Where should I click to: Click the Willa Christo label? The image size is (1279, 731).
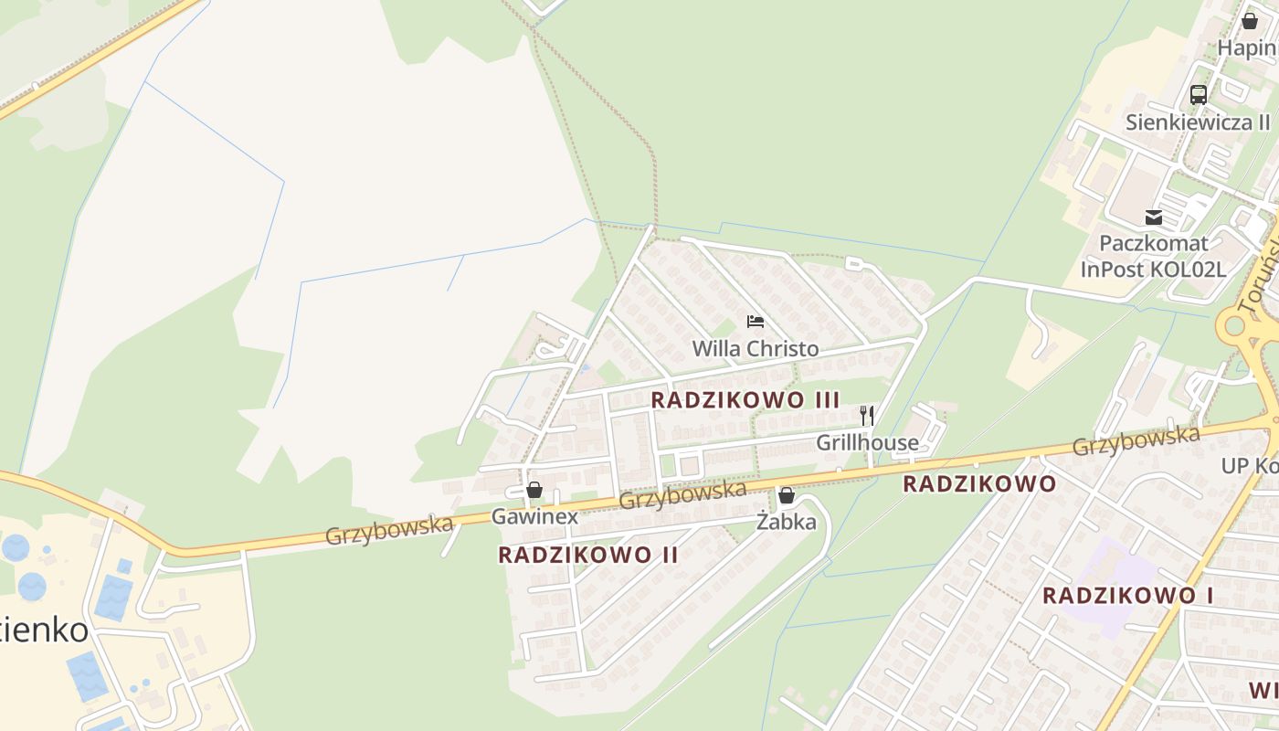pos(755,349)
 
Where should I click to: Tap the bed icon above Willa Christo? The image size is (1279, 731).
pos(756,322)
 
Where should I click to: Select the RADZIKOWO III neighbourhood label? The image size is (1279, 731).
pos(745,399)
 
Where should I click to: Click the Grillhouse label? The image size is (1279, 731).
pos(867,443)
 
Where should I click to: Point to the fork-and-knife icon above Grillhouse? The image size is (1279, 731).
pos(867,416)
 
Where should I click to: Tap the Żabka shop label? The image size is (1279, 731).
pos(786,523)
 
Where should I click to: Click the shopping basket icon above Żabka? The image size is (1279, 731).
pos(786,495)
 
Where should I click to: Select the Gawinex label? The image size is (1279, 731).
pos(534,516)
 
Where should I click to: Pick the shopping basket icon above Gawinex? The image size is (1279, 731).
pos(534,490)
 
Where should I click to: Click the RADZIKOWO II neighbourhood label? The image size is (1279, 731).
pos(588,555)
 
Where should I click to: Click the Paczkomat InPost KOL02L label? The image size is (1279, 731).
pos(1153,257)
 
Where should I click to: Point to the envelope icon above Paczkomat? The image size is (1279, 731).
pos(1154,217)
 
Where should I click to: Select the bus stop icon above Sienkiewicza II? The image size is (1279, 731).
pos(1198,94)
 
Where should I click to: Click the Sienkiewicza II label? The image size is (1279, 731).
pos(1198,122)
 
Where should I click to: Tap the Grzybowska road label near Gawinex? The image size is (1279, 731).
pos(682,494)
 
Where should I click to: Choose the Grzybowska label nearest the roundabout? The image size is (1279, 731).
pos(1136,440)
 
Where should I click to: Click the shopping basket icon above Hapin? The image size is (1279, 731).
pos(1250,21)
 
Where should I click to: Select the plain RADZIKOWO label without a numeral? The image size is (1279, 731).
pos(979,484)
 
